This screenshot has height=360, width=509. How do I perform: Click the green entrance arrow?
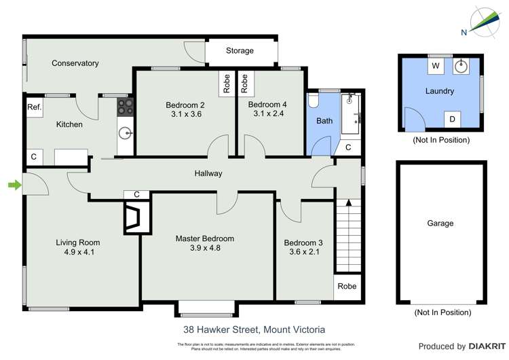(13, 184)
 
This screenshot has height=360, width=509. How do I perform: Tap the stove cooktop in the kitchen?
(126, 106)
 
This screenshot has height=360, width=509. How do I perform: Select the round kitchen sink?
(126, 132)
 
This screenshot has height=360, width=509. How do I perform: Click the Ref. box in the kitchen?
(34, 107)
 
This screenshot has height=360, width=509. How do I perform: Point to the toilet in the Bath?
(313, 100)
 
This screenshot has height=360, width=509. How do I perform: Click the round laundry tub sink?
(461, 66)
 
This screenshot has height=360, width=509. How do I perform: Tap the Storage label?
(240, 51)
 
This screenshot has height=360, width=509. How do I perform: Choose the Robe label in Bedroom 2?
(225, 82)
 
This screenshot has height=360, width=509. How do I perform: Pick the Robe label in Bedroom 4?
(244, 82)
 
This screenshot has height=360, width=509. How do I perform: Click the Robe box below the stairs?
(346, 287)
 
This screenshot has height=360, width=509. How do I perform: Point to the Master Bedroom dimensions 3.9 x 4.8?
(204, 248)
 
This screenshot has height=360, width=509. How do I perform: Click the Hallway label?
(208, 173)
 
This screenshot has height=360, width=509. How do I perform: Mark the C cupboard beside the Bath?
(348, 147)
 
